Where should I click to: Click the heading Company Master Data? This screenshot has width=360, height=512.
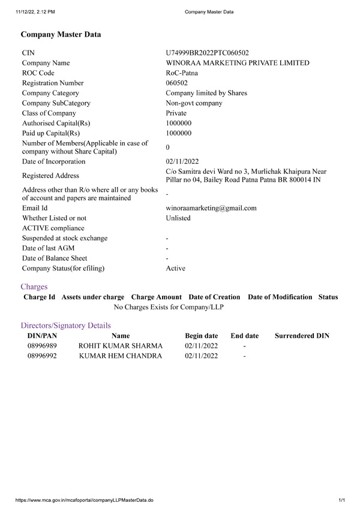tap(61, 35)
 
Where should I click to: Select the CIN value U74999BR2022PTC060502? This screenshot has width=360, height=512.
tap(207, 53)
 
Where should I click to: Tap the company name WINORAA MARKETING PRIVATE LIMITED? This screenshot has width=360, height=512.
tap(238, 63)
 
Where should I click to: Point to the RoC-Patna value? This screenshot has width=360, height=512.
tap(183, 73)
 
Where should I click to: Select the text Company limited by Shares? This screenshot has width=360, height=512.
tap(206, 93)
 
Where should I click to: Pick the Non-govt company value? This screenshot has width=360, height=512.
tap(194, 103)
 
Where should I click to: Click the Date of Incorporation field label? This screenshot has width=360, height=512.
tap(53, 162)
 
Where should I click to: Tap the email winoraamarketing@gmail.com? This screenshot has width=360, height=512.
tap(211, 208)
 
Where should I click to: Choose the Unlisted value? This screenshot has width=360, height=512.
tap(178, 218)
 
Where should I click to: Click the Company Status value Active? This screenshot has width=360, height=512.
tap(175, 269)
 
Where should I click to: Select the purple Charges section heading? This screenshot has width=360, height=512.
tap(34, 287)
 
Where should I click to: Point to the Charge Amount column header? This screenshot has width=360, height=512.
tap(156, 297)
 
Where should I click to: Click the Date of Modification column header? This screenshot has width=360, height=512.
tap(280, 297)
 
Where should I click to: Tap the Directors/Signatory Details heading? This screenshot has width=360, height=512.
tap(65, 326)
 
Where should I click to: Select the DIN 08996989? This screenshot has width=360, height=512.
tap(42, 346)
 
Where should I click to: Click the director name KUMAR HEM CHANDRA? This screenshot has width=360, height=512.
tap(121, 356)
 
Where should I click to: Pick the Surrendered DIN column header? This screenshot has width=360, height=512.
tap(302, 336)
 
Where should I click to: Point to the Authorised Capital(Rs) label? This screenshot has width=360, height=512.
tap(53, 123)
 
